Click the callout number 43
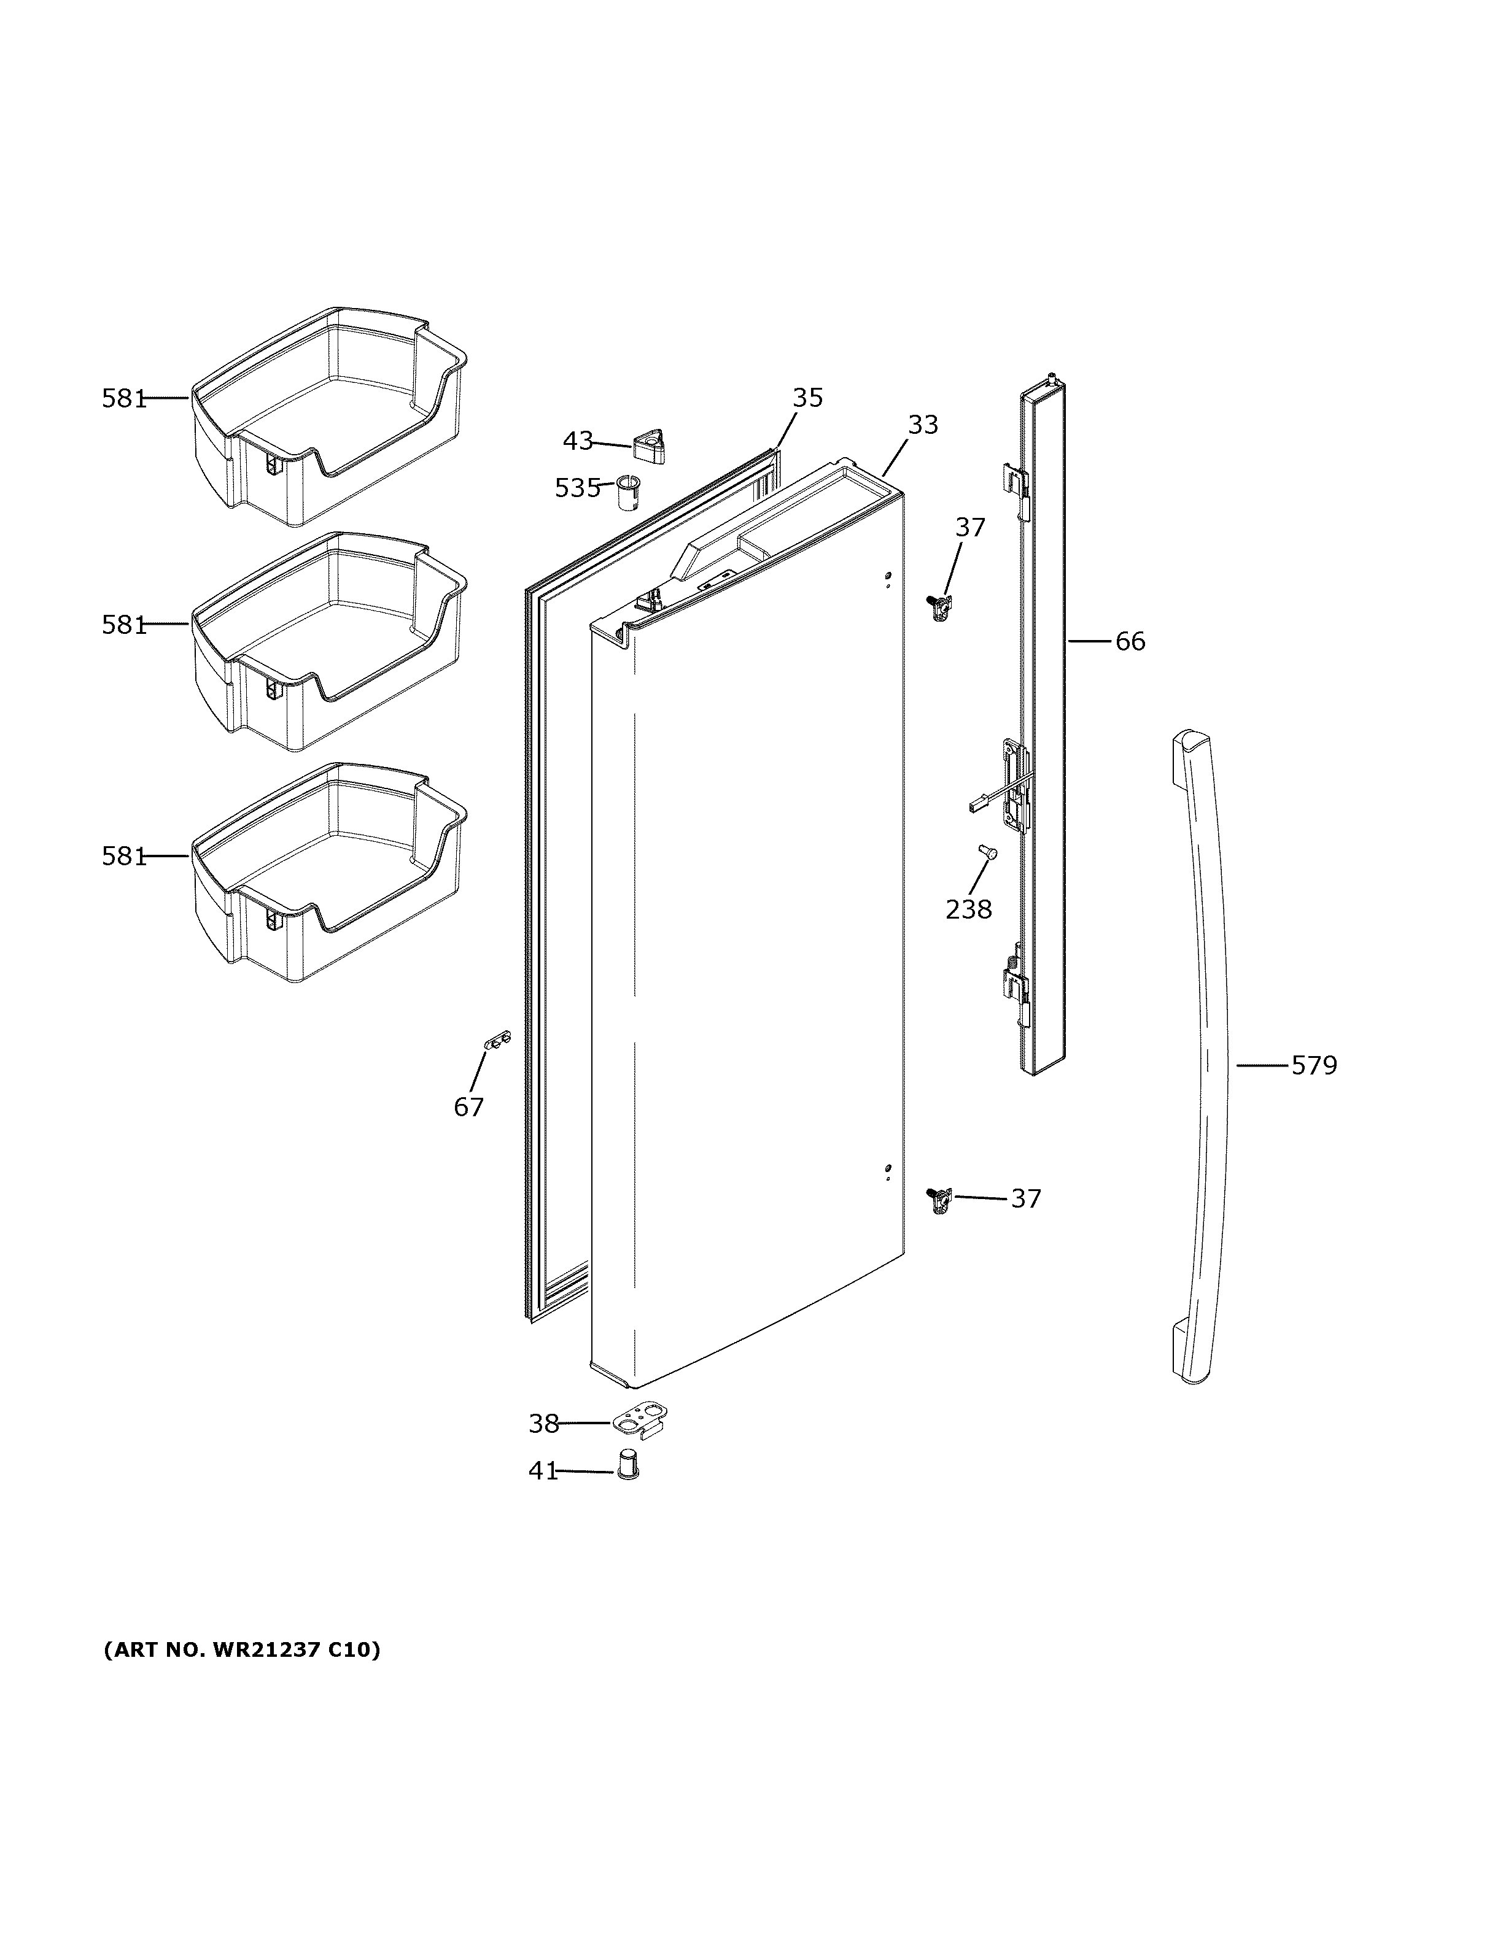tap(578, 441)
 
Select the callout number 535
tap(578, 488)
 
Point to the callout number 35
tap(807, 398)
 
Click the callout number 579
tap(1315, 1065)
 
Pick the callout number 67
tap(469, 1107)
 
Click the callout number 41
tap(543, 1471)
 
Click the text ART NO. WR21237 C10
tap(242, 1649)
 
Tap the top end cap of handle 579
tap(1190, 744)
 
